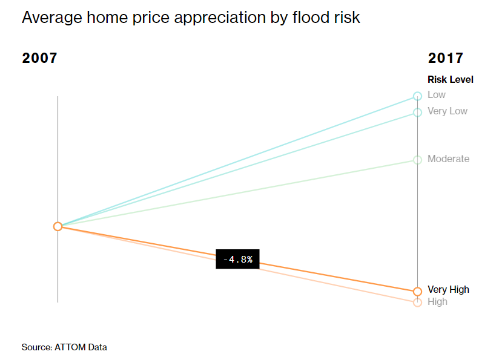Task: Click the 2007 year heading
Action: click(x=39, y=59)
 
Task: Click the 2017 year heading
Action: click(x=445, y=59)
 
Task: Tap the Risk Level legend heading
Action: click(x=450, y=79)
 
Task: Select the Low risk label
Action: click(x=436, y=95)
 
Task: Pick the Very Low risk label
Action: click(x=447, y=111)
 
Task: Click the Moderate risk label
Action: click(x=448, y=159)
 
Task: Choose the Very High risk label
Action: click(x=448, y=290)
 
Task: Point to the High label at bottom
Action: click(x=437, y=301)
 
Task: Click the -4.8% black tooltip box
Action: click(x=237, y=259)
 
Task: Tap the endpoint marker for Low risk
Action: click(x=417, y=96)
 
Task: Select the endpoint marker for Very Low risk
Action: click(x=417, y=112)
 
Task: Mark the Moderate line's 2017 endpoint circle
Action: click(x=417, y=160)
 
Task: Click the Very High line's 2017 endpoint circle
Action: click(x=417, y=291)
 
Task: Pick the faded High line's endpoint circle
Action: click(x=417, y=303)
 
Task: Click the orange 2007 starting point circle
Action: click(x=58, y=226)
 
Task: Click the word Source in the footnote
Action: click(x=35, y=347)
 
